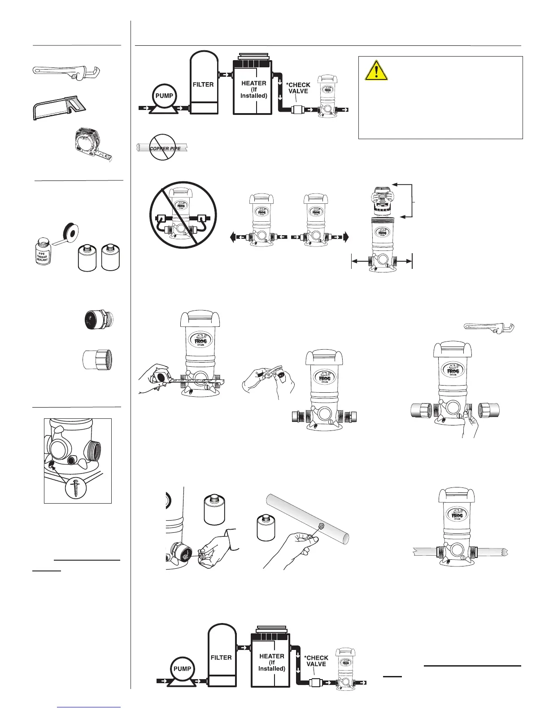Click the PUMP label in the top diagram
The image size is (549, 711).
164,96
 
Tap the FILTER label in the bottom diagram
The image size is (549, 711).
221,658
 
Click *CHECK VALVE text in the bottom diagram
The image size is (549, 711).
317,661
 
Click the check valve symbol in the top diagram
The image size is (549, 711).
297,110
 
